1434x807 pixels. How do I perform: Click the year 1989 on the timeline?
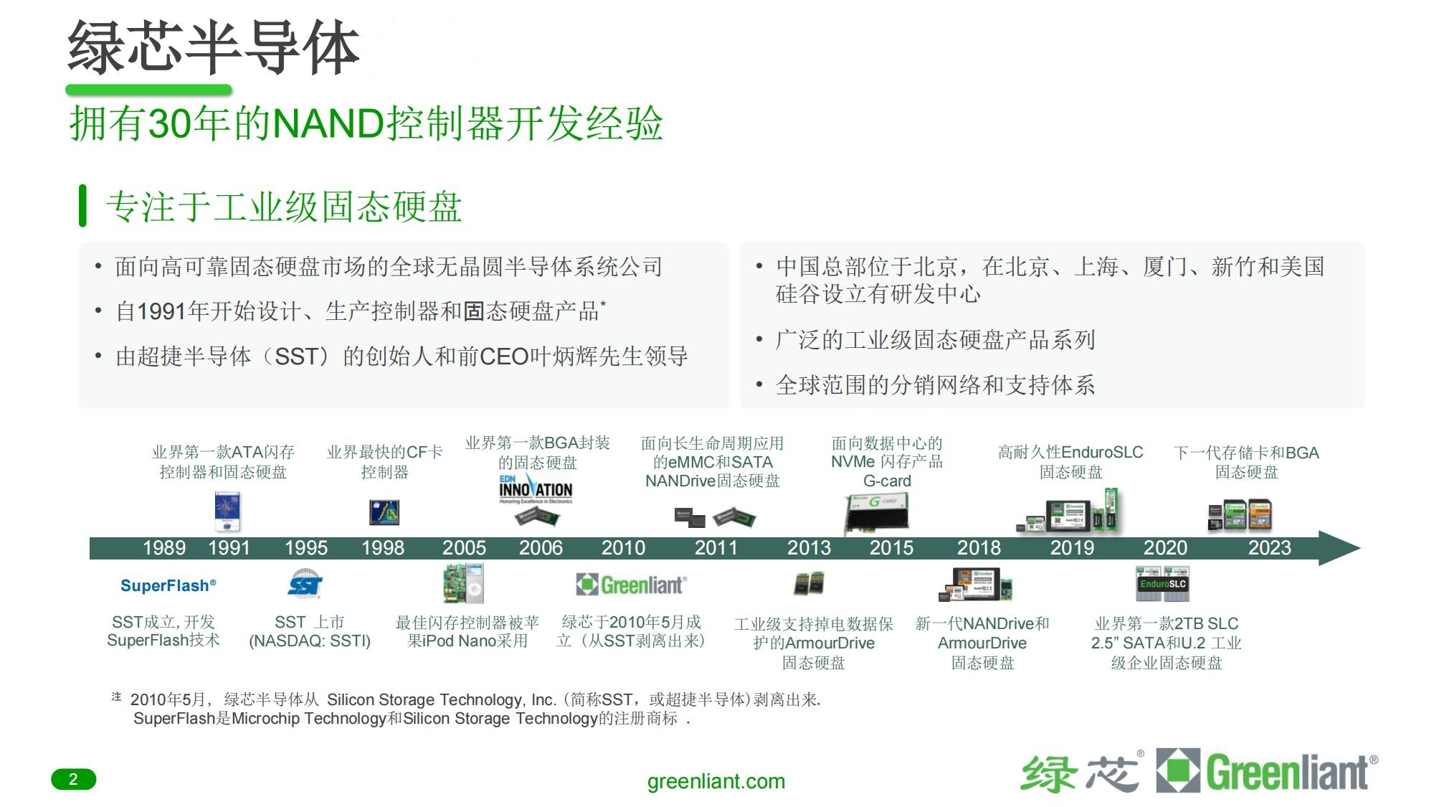point(164,548)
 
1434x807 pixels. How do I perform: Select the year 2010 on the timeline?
point(623,548)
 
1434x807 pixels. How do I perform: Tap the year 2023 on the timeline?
point(1269,548)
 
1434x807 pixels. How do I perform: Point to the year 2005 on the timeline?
point(464,548)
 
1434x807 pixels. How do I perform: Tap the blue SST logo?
point(305,585)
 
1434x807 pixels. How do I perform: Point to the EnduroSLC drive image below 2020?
point(1162,583)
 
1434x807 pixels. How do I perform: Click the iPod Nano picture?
point(474,583)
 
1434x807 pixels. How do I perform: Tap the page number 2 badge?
point(73,779)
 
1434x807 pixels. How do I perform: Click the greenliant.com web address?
point(716,781)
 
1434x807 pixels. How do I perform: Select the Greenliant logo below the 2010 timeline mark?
point(631,585)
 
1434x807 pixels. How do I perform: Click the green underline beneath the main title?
point(148,90)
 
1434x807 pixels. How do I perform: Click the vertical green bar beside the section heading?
point(83,206)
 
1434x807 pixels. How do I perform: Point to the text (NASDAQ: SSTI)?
point(310,641)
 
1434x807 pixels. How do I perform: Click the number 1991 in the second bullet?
point(161,311)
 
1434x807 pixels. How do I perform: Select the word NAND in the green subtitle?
point(329,123)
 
